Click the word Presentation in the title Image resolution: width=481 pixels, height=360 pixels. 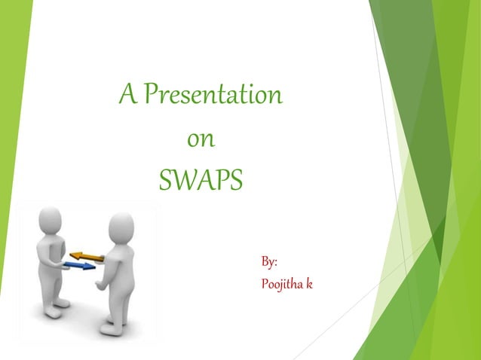coord(213,96)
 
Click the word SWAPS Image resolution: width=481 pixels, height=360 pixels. coord(201,182)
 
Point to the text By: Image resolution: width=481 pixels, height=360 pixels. coord(269,262)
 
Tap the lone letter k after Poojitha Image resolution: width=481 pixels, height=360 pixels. coord(309,285)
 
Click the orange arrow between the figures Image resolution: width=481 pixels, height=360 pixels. coord(87,257)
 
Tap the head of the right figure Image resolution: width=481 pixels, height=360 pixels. coord(121,226)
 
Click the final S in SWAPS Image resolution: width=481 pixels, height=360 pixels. coord(236,182)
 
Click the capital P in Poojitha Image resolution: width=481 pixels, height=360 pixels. coord(265,285)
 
